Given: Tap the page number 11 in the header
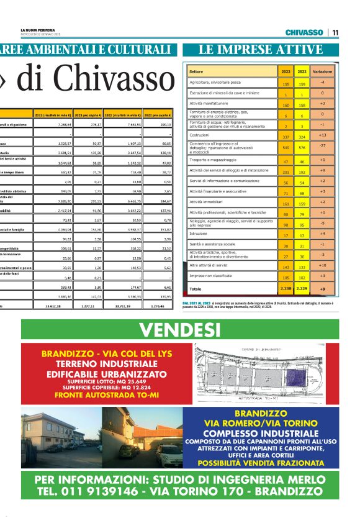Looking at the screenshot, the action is coord(335,32).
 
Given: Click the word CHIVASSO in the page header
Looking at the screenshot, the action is coord(304,32).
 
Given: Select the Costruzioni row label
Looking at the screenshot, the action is coord(199,135).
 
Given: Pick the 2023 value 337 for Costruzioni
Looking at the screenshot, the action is coord(286,135).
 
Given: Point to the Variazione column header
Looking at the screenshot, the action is coord(322,71).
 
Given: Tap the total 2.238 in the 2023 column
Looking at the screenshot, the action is coord(286,289).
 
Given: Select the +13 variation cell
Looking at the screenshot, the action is coord(322,135).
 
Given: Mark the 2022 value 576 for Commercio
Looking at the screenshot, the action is coord(302,148).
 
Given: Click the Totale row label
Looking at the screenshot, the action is coord(196,289).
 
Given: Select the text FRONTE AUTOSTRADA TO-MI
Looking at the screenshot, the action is coord(106,394).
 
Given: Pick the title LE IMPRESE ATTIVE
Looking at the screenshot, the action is coord(261,50).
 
